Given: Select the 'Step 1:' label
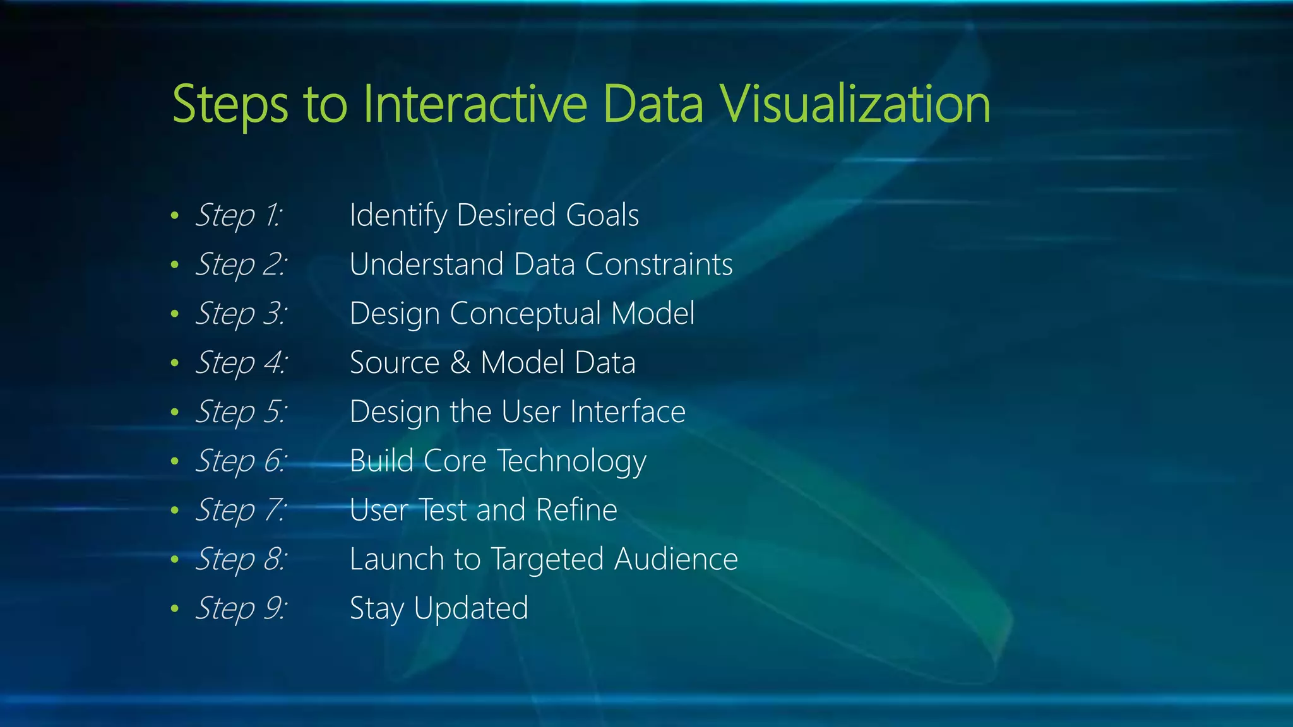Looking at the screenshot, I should tap(239, 215).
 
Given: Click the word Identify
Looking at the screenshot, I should tap(398, 216).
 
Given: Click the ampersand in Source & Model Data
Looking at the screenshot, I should tap(460, 363).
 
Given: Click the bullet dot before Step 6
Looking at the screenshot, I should tap(175, 461).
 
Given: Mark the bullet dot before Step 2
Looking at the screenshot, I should tap(175, 265).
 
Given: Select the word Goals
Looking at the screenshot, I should tap(602, 215).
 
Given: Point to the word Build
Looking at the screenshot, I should tap(381, 461).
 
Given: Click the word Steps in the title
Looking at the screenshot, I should tap(230, 105).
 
